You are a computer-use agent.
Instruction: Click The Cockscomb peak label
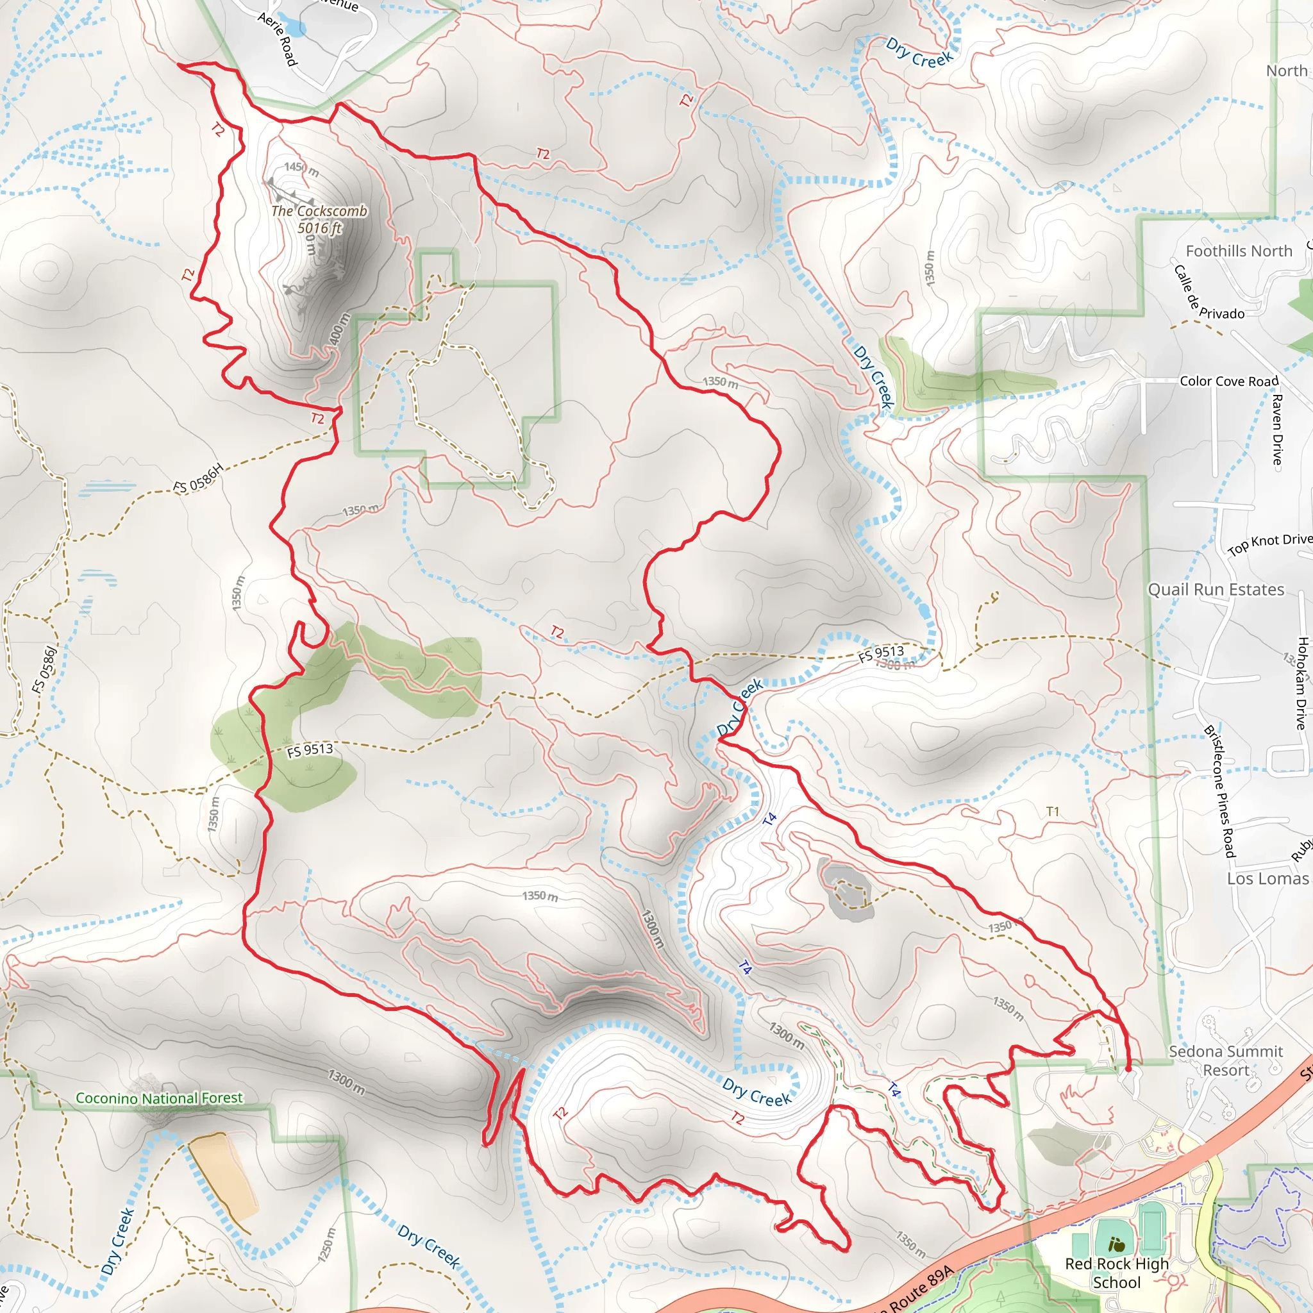tap(319, 211)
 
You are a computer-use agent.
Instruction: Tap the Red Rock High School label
tap(1117, 1273)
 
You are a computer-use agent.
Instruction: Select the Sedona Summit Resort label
tap(1225, 1060)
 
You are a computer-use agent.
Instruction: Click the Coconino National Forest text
tap(159, 1098)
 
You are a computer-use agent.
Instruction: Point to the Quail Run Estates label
tap(1216, 589)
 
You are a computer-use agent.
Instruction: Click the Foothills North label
tap(1238, 251)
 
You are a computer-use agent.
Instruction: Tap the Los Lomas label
tap(1267, 878)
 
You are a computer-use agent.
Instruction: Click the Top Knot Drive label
tap(1269, 543)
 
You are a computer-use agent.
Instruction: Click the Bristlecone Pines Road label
tap(1220, 791)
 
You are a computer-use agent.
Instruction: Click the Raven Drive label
tap(1277, 430)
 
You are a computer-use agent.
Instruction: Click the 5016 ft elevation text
tap(319, 228)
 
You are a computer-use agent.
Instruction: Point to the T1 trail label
tap(1052, 812)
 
